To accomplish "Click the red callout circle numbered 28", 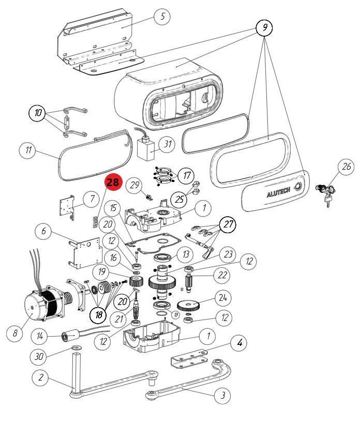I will click(x=112, y=183).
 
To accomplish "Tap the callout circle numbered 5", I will click(x=162, y=16).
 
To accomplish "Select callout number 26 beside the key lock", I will click(x=346, y=166).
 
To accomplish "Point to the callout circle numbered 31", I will click(x=167, y=144).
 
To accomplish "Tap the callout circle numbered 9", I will click(x=264, y=27).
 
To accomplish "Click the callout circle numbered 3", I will click(x=222, y=396).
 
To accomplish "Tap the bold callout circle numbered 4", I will click(x=239, y=342).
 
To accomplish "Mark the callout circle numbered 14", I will click(x=40, y=336).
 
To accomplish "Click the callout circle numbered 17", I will click(x=186, y=175).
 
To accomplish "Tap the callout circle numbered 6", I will click(x=43, y=232).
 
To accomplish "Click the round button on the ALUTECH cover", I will click(x=298, y=187).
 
